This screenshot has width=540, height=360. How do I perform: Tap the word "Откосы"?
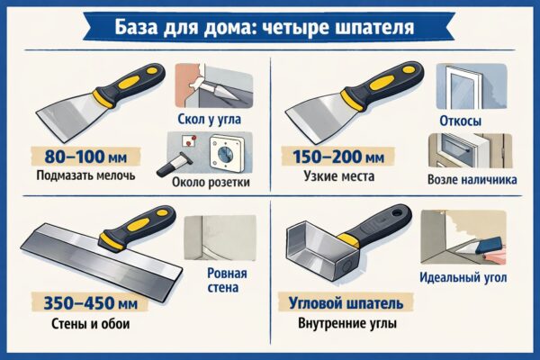(460, 121)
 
